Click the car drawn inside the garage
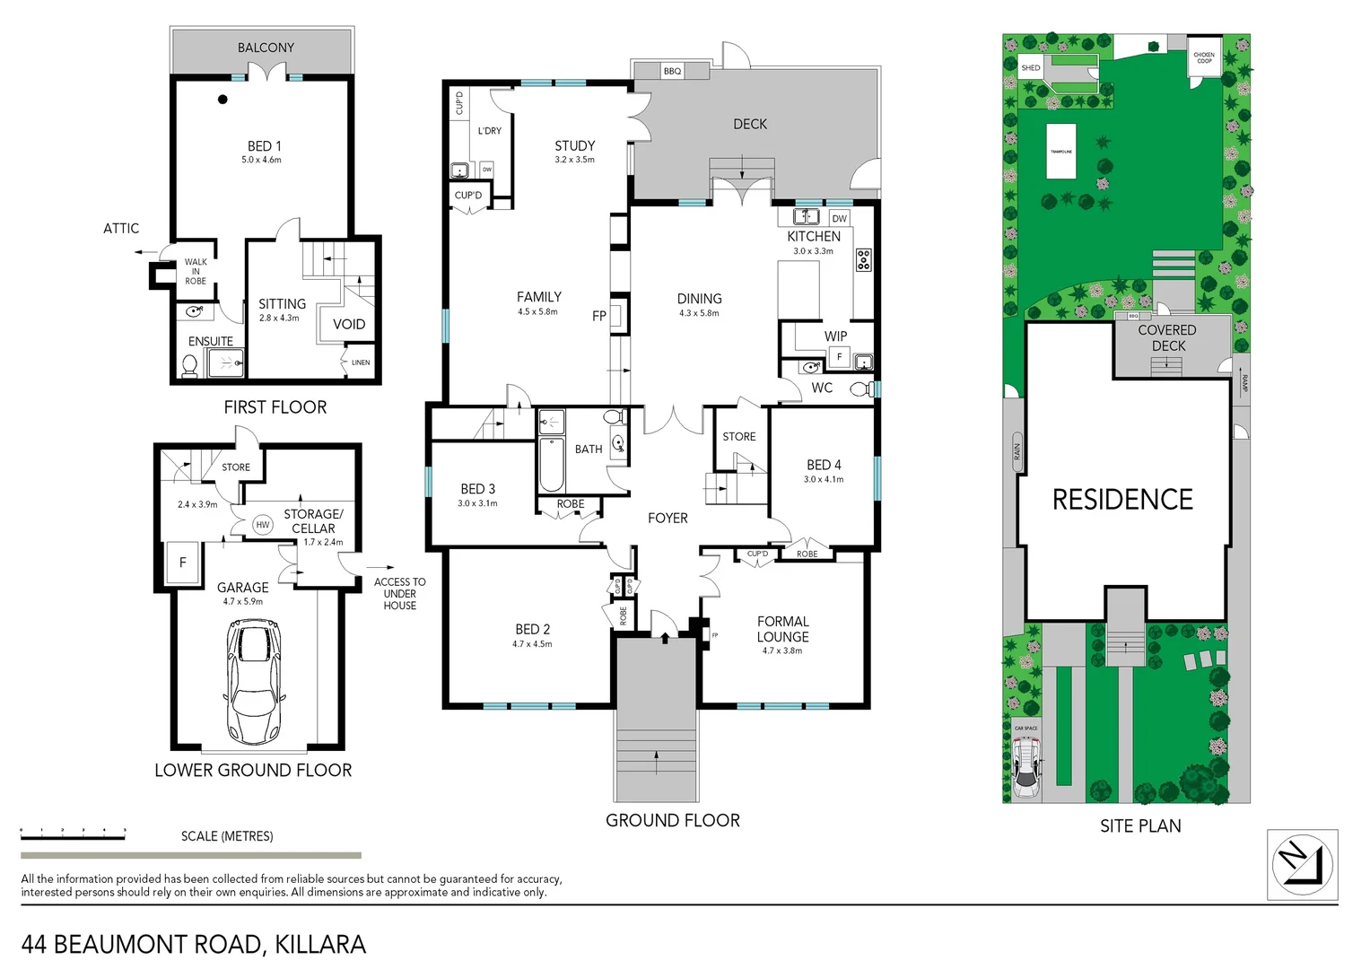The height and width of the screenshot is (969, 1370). click(252, 682)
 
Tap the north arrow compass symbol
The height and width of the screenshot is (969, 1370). click(1302, 865)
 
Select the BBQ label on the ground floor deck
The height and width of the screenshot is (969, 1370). click(672, 71)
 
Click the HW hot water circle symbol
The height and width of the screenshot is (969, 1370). click(262, 525)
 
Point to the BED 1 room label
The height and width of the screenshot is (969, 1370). click(264, 146)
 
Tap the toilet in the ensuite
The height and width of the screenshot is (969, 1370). click(189, 365)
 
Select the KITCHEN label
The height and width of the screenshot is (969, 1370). click(814, 236)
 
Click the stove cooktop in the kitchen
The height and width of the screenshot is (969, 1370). click(863, 260)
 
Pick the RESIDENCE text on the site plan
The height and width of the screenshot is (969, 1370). click(1122, 500)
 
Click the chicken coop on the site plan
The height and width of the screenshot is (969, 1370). click(1204, 57)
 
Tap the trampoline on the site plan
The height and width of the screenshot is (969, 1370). click(1061, 152)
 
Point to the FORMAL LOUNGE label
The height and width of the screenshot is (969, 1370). click(782, 629)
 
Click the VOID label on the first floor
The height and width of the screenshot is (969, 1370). click(349, 324)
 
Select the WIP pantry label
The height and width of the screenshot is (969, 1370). click(835, 336)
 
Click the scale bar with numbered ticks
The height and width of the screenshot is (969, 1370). click(74, 834)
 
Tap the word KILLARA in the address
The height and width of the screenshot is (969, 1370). click(320, 944)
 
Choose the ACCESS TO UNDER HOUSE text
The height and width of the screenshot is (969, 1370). click(399, 593)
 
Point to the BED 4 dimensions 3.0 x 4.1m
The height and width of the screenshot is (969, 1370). click(823, 479)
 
